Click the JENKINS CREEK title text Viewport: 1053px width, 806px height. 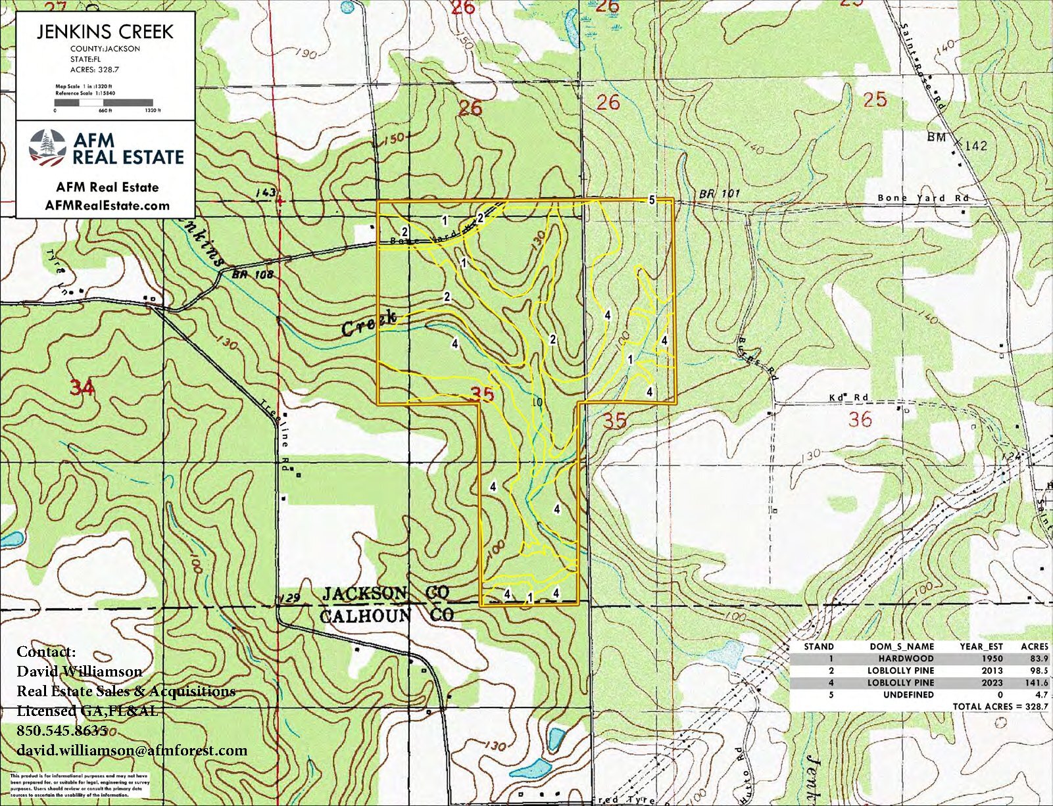pyautogui.click(x=105, y=31)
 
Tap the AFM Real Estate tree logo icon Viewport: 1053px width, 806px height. pyautogui.click(x=47, y=147)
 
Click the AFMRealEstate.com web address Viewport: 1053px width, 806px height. pyautogui.click(x=107, y=205)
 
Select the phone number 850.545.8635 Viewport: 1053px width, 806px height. pyautogui.click(x=62, y=730)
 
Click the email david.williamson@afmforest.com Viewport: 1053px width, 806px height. pyautogui.click(x=132, y=750)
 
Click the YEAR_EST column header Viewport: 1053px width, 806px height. pyautogui.click(x=981, y=646)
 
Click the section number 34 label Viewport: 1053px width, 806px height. pyautogui.click(x=82, y=388)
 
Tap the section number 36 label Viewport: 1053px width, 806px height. pyautogui.click(x=860, y=419)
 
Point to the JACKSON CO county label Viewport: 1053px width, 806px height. pyautogui.click(x=386, y=593)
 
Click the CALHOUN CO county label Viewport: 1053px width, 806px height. pyautogui.click(x=386, y=615)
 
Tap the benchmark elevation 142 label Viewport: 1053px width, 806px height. pyautogui.click(x=975, y=145)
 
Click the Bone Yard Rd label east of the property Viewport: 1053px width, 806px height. pyautogui.click(x=923, y=198)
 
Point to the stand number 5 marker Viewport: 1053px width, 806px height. pyautogui.click(x=651, y=200)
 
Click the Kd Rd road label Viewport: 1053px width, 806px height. pyautogui.click(x=848, y=398)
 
